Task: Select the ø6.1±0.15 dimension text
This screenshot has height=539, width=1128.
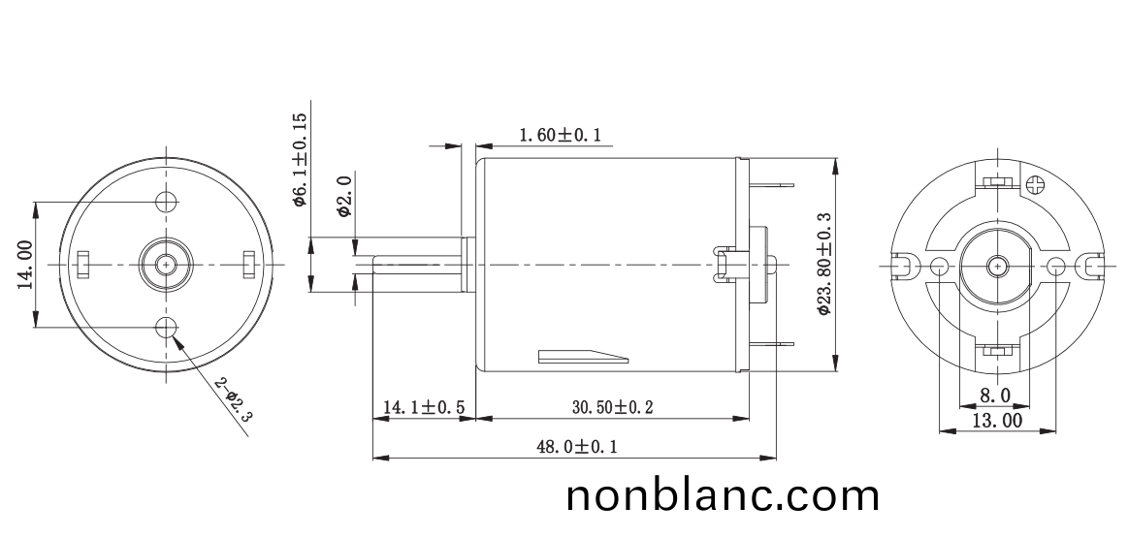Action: click(x=300, y=159)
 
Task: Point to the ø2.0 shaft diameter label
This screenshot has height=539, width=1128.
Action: click(x=343, y=196)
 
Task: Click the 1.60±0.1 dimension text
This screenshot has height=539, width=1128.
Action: click(x=560, y=136)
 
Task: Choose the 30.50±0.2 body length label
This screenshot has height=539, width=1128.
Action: click(x=611, y=408)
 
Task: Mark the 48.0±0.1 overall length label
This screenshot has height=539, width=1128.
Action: click(x=576, y=447)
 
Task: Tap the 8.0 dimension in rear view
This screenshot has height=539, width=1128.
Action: click(x=994, y=396)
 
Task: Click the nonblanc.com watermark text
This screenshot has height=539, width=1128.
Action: click(x=723, y=496)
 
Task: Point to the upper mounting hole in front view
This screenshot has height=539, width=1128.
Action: click(x=167, y=202)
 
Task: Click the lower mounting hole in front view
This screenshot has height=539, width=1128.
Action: click(x=167, y=327)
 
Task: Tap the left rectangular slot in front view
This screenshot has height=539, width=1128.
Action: click(x=83, y=263)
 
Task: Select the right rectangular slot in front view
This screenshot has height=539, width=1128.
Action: click(x=249, y=263)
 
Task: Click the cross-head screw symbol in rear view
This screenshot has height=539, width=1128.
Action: click(x=1038, y=182)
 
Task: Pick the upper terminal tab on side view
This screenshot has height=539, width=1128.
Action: click(x=773, y=184)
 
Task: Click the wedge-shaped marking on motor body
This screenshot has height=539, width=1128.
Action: click(x=582, y=356)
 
